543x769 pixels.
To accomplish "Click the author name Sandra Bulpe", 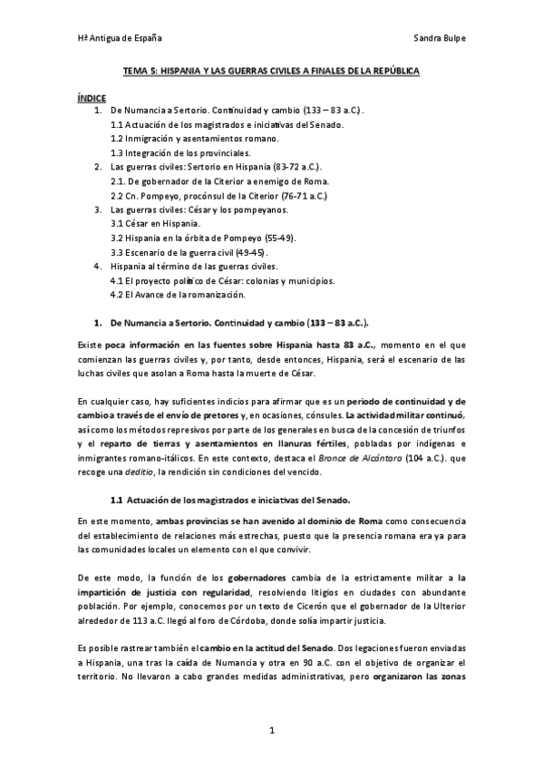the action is (439, 39).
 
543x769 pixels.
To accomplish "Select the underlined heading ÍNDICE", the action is (92, 97).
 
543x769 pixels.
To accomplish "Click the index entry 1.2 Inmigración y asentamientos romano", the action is (194, 139).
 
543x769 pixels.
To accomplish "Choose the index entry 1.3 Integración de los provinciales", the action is (180, 153).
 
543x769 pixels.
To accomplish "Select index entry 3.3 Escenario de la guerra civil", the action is (189, 251).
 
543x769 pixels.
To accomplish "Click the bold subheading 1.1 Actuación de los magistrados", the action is (229, 500).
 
